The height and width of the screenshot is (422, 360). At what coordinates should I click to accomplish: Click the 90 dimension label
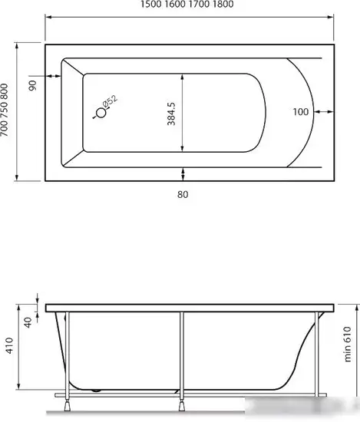(x=33, y=85)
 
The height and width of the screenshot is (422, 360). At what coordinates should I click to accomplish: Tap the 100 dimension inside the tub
(x=300, y=112)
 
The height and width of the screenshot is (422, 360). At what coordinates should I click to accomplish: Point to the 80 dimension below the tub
(x=182, y=194)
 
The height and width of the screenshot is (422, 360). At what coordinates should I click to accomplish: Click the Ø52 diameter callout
(x=109, y=101)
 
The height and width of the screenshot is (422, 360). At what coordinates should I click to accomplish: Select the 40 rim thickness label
(x=28, y=322)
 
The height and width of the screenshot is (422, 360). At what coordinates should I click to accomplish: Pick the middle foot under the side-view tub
(x=182, y=407)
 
